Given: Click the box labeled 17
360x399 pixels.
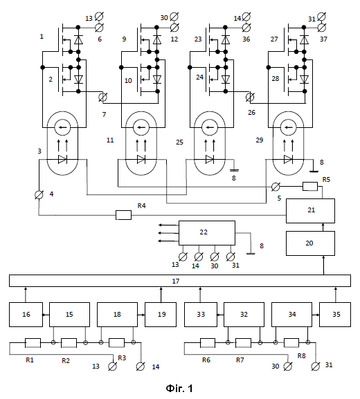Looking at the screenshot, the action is (180, 281).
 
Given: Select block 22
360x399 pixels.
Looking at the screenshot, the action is (207, 233).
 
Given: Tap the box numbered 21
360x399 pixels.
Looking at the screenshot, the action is (310, 211).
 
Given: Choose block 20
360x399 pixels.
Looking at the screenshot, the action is (310, 243).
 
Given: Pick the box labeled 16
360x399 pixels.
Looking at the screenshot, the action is (26, 315).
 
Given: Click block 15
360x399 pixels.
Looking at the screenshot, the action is (69, 315).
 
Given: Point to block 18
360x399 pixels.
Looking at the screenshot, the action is (117, 315).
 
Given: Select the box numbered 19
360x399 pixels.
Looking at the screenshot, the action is (161, 315).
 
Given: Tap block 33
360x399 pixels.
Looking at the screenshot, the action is (201, 315).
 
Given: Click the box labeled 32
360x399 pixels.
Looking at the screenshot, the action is (244, 315).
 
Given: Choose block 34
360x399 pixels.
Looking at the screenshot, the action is (291, 315).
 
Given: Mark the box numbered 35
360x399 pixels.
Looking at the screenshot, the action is (335, 315).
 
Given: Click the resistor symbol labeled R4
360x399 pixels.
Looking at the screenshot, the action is (123, 215).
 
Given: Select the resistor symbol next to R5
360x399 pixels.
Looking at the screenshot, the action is (310, 186).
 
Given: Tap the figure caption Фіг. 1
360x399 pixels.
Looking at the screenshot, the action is (179, 389).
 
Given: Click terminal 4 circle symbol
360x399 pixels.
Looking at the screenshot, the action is (39, 195).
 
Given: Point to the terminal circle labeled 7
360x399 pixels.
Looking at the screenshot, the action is (102, 97).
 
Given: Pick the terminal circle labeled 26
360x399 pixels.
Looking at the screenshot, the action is (250, 97).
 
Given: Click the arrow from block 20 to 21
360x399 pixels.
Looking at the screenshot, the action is (323, 228).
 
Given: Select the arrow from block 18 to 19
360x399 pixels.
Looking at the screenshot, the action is (141, 315).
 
